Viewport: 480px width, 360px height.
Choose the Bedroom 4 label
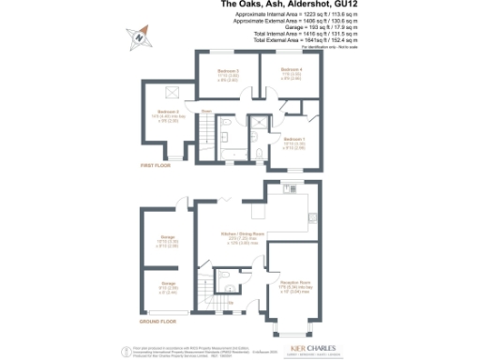(x=293, y=71)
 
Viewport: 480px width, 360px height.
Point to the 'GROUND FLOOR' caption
(x=157, y=321)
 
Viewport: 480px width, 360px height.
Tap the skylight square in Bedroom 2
(x=172, y=92)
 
